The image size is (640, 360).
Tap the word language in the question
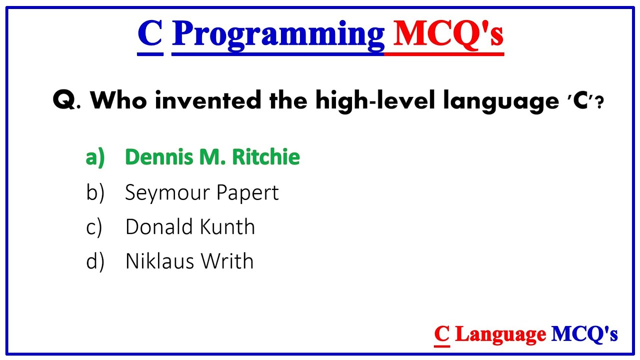(x=500, y=102)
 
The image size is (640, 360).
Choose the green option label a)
(x=95, y=157)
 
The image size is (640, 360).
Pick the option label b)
(x=95, y=192)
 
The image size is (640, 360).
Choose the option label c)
(x=94, y=227)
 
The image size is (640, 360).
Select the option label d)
(x=95, y=261)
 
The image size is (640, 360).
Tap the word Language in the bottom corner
(x=500, y=334)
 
